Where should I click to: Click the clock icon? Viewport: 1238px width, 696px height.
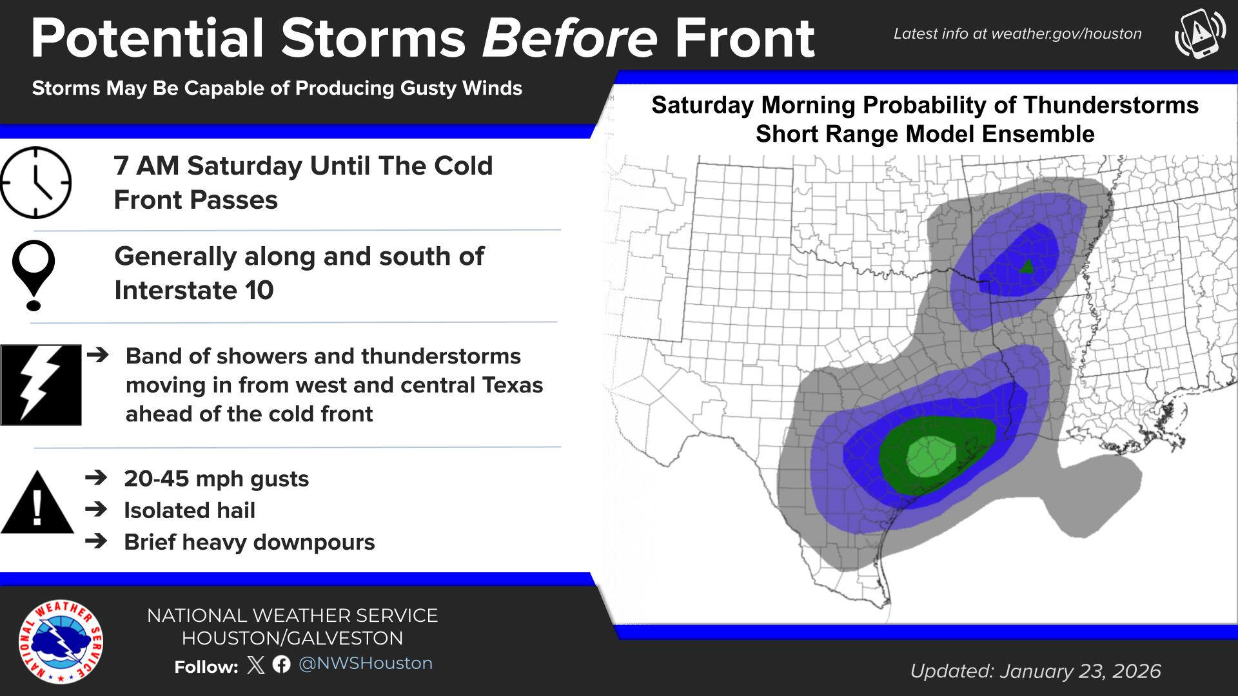pyautogui.click(x=35, y=182)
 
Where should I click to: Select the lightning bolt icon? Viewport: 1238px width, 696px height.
pyautogui.click(x=41, y=385)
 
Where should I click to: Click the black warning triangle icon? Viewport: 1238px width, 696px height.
pyautogui.click(x=37, y=502)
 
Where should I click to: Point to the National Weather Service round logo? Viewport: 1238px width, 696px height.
pyautogui.click(x=61, y=642)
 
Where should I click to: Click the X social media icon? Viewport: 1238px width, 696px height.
pyautogui.click(x=256, y=664)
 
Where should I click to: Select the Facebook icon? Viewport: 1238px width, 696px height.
pyautogui.click(x=281, y=664)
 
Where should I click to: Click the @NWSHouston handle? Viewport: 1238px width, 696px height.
pyautogui.click(x=366, y=664)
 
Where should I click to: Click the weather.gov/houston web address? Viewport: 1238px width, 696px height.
pyautogui.click(x=1066, y=34)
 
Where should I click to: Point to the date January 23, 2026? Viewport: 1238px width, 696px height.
pyautogui.click(x=1081, y=672)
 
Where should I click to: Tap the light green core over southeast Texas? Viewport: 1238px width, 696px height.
pyautogui.click(x=930, y=456)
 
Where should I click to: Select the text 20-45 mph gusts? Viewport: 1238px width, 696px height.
pyautogui.click(x=217, y=479)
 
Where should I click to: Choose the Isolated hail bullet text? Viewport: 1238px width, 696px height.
pyautogui.click(x=190, y=510)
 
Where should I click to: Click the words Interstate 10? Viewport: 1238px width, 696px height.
pyautogui.click(x=194, y=290)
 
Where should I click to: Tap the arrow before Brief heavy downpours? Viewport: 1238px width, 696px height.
pyautogui.click(x=96, y=541)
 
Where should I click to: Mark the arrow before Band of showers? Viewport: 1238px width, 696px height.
pyautogui.click(x=97, y=354)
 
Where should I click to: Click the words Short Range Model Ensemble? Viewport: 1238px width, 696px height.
pyautogui.click(x=925, y=134)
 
